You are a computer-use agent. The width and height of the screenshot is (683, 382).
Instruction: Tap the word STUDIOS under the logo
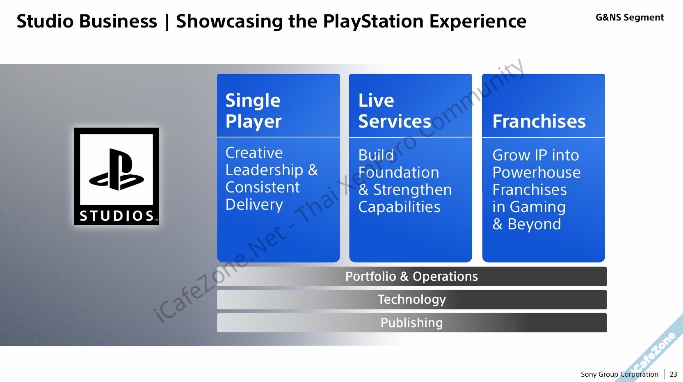[x=116, y=216]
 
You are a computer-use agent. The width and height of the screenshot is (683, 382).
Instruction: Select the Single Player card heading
[x=253, y=111]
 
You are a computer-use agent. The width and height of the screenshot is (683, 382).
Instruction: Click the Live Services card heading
[x=394, y=111]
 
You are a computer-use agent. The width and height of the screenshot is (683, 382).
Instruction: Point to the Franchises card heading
[x=539, y=121]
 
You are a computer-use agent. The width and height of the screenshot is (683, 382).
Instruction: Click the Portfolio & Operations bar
[x=411, y=277]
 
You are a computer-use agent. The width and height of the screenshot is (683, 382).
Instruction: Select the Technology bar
[x=411, y=300]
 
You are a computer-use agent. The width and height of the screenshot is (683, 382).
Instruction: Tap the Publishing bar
[x=411, y=323]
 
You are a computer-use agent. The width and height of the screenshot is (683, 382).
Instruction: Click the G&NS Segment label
[x=629, y=18]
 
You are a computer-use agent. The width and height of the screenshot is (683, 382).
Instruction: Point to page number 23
[x=673, y=374]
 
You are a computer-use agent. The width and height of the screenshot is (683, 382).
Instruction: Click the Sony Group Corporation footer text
[x=619, y=374]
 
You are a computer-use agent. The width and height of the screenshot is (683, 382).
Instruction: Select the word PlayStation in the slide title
[x=373, y=21]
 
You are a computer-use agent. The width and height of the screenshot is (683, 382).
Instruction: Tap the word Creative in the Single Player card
[x=254, y=153]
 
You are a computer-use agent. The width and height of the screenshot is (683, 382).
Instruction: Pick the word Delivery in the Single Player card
[x=254, y=204]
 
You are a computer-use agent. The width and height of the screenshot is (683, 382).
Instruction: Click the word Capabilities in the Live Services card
[x=399, y=207]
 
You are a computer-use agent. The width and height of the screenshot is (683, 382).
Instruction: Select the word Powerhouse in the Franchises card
[x=536, y=172]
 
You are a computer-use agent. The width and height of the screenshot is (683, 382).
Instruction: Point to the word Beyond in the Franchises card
[x=534, y=224]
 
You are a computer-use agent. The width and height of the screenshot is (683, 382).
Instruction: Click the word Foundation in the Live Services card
[x=399, y=172]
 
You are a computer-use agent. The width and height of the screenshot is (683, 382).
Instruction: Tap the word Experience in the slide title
[x=477, y=21]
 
